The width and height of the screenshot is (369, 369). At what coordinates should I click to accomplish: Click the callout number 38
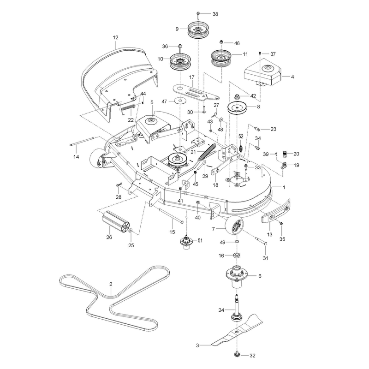pyautogui.click(x=215, y=14)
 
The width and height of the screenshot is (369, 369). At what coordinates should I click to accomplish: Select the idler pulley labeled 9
pyautogui.click(x=198, y=30)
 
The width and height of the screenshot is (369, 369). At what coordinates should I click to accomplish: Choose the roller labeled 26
pyautogui.click(x=116, y=221)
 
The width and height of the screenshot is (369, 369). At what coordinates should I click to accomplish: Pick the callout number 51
pyautogui.click(x=200, y=240)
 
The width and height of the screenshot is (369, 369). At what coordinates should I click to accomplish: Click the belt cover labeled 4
pyautogui.click(x=262, y=72)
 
